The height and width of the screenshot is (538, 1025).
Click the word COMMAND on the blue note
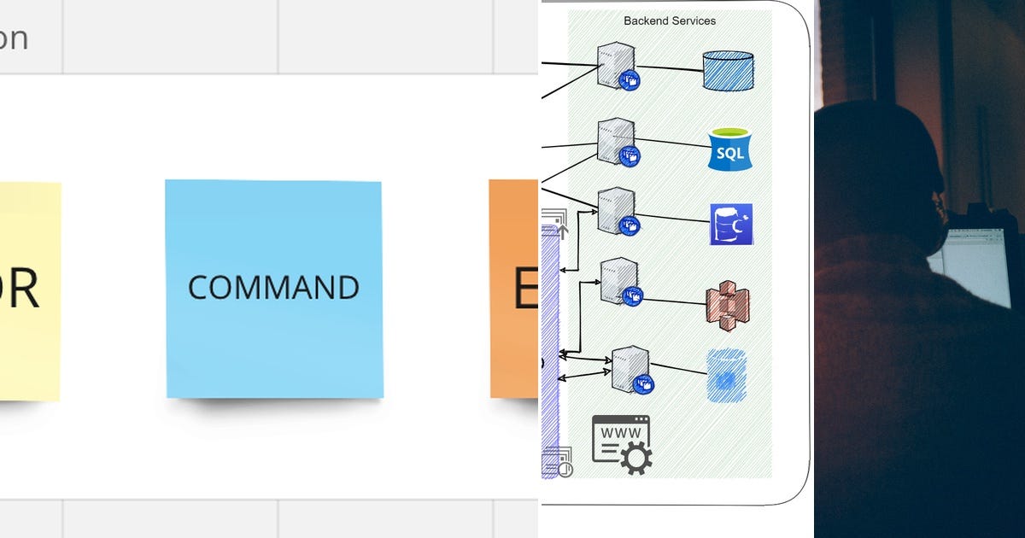point(273,288)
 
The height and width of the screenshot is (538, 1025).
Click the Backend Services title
point(670,20)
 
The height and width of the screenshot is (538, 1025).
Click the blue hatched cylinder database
point(728,71)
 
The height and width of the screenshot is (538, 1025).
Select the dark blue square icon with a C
point(731,225)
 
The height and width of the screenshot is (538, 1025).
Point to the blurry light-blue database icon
point(727,375)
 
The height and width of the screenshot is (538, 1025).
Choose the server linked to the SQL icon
point(617,141)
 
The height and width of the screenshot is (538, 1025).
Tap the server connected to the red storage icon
point(619,281)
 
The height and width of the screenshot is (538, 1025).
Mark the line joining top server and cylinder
point(671,68)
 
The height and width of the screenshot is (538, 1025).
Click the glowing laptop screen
point(974,265)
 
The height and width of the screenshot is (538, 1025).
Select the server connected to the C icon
point(617,210)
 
